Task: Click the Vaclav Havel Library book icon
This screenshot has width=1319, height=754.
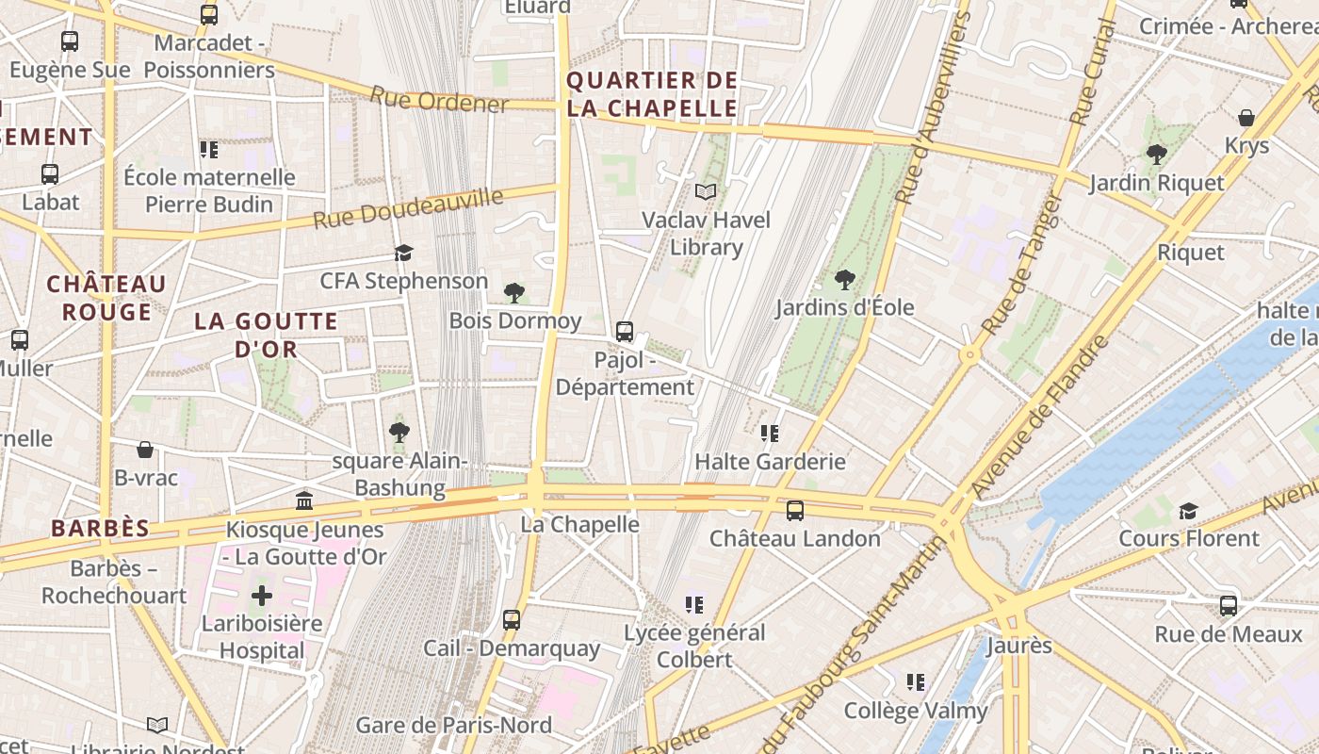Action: point(706,192)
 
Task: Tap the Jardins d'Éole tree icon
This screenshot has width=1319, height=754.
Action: point(845,279)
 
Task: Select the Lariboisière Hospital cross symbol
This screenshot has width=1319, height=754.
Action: point(262,596)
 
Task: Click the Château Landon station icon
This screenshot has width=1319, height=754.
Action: point(795,511)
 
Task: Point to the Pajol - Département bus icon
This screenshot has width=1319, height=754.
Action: point(625,332)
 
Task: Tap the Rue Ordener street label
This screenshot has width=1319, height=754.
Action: point(438,100)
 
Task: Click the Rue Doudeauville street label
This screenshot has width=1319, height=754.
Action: point(408,208)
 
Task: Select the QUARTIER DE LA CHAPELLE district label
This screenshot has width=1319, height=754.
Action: point(652,94)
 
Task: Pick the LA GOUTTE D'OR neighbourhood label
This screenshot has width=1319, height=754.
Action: point(266,335)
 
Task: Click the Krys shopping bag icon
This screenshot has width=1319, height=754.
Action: point(1246,118)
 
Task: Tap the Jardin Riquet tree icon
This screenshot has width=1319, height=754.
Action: point(1157,155)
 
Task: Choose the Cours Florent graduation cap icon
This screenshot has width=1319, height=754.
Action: point(1188,511)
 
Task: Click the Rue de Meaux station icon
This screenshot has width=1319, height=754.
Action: point(1229,606)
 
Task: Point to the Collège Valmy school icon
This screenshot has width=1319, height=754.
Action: point(915,681)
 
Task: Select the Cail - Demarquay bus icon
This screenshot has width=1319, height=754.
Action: point(512,620)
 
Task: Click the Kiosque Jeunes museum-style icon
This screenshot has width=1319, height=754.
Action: point(304,501)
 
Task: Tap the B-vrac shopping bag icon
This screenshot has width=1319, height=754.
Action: point(145,450)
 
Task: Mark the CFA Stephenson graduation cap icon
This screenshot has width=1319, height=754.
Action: point(404,253)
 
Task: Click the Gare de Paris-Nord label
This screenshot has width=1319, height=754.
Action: point(453,725)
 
